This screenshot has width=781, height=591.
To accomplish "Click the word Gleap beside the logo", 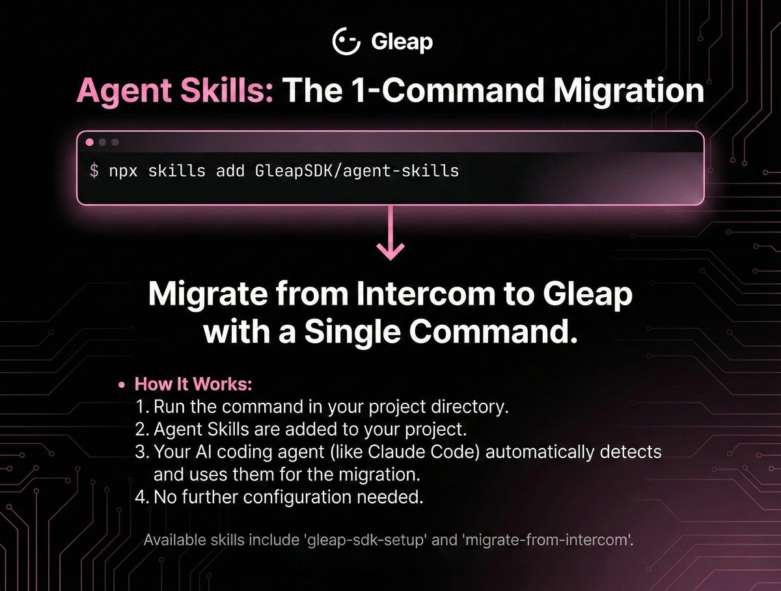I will tap(402, 42).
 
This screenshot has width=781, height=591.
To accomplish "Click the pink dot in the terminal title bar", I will tap(90, 142).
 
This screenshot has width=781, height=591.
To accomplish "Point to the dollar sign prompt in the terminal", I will tap(94, 171).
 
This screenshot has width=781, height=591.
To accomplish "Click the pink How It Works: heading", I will tap(193, 384).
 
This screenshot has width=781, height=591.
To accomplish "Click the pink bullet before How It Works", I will tap(121, 385).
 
